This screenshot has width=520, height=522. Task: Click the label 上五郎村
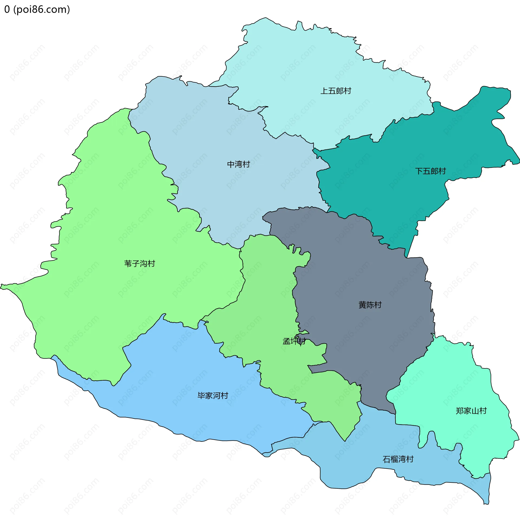tap(336, 91)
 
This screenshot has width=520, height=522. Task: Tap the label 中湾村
tap(238, 164)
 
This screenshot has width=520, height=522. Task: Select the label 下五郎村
tap(430, 171)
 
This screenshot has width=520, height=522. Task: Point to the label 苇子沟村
tap(139, 264)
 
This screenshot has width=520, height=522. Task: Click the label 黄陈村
tap(370, 305)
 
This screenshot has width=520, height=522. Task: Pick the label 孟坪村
tap(294, 341)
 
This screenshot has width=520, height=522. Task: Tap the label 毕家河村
tap(213, 396)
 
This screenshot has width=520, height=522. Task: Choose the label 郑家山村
tap(471, 411)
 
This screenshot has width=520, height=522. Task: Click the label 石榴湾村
tap(398, 459)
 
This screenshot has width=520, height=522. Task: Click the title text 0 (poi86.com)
tap(37, 9)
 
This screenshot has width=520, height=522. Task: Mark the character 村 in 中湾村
tap(246, 164)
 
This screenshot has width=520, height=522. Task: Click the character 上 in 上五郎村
tap(324, 91)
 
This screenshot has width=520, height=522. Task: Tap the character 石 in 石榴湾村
tap(386, 459)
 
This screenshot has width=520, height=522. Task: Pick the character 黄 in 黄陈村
tap(362, 305)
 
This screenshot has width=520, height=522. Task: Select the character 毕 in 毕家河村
tap(201, 396)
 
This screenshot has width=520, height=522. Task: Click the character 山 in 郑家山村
tap(475, 411)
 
